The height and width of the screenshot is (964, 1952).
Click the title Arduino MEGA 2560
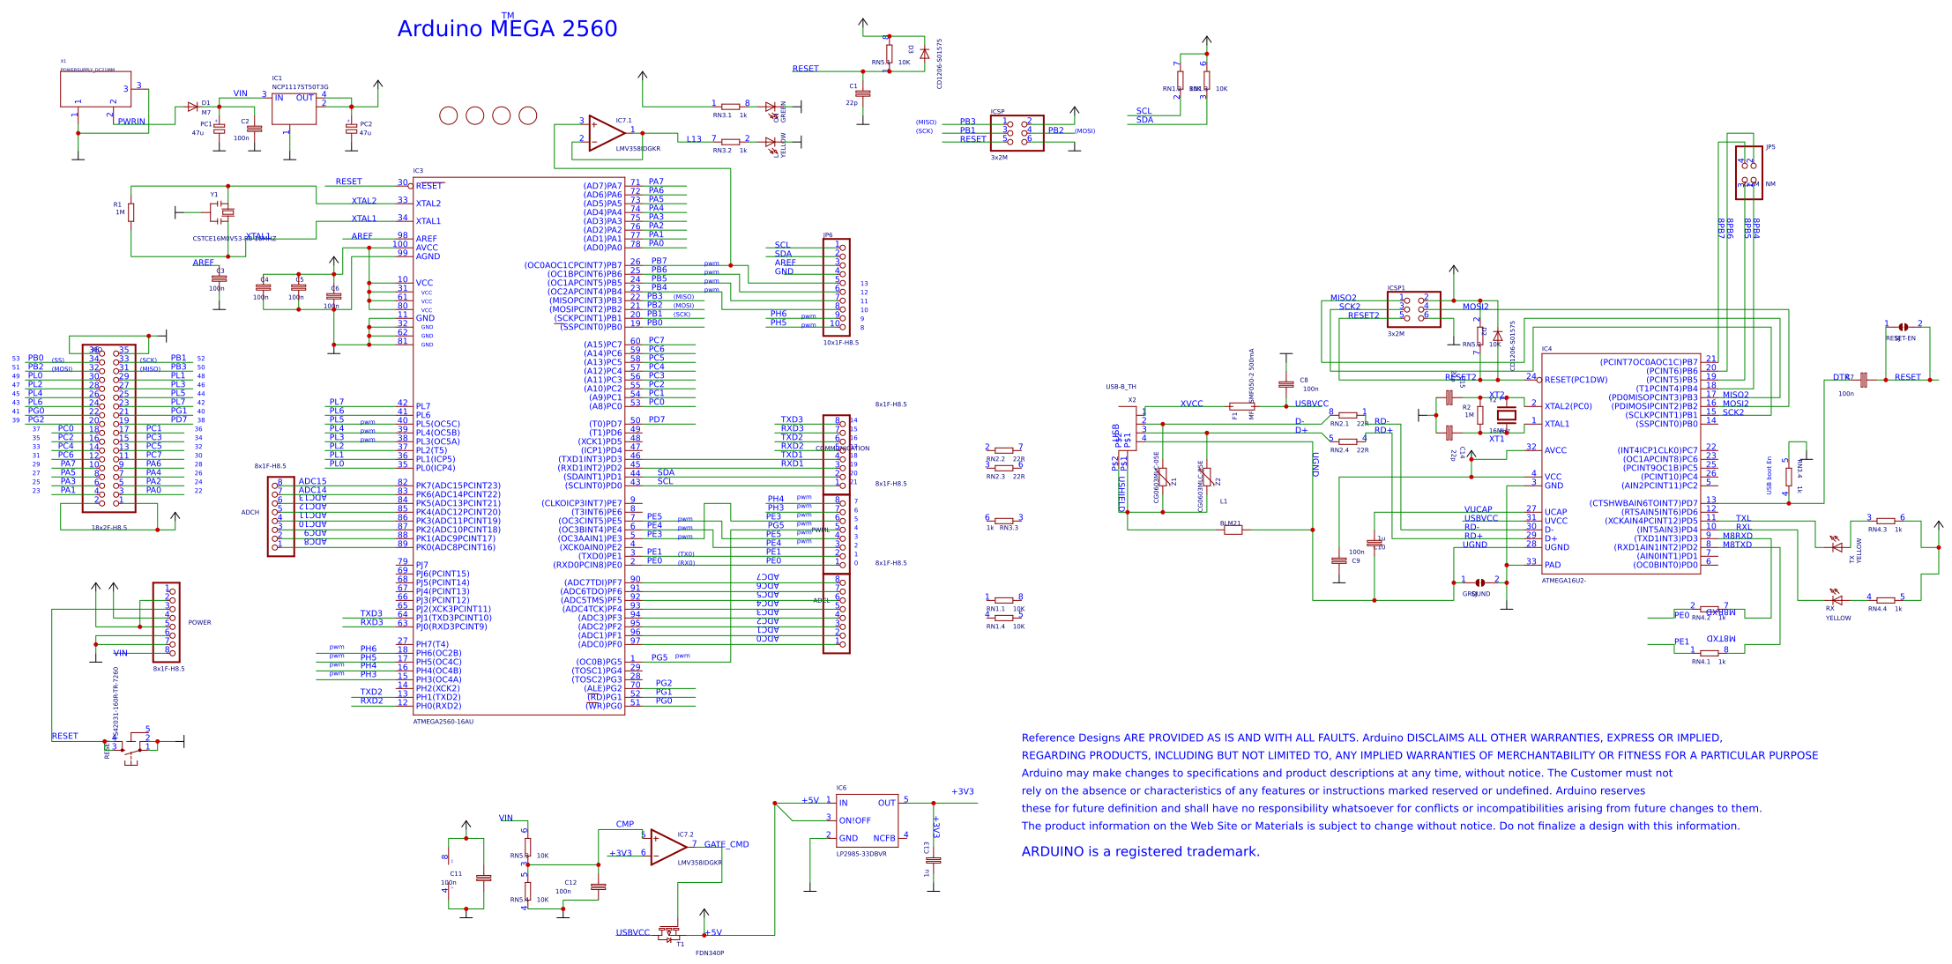pos(507,29)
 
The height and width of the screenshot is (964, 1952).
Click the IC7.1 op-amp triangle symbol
pos(605,132)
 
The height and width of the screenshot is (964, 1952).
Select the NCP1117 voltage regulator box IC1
pos(294,108)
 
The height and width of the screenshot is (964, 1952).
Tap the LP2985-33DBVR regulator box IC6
pos(867,819)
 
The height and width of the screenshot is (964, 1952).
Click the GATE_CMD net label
pos(726,844)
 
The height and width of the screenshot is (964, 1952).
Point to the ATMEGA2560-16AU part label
pos(443,722)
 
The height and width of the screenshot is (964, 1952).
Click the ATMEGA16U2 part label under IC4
pos(1563,581)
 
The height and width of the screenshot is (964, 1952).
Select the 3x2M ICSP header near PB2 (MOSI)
pos(1017,133)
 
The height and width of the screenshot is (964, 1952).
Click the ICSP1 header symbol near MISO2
pos(1413,309)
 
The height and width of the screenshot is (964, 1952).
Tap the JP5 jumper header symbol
pos(1747,172)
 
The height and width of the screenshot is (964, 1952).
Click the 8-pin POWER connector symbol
pos(166,621)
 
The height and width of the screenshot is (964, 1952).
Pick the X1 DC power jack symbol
pos(95,89)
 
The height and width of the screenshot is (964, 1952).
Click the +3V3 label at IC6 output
pos(962,791)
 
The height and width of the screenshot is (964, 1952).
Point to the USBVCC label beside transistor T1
pos(632,932)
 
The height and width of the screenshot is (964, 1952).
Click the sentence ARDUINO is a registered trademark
pos(1140,851)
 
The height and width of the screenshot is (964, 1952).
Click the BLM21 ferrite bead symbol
pos(1233,530)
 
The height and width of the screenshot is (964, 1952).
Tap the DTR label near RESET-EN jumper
pos(1840,377)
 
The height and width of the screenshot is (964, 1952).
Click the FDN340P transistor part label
pos(709,953)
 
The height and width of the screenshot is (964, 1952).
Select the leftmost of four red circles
pos(448,115)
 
